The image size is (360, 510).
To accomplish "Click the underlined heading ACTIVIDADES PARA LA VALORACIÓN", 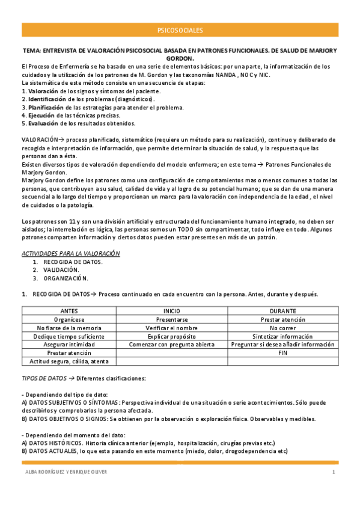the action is (x=70, y=254).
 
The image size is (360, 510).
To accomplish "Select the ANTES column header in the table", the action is (x=69, y=311).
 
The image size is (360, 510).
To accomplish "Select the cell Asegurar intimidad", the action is (x=69, y=345).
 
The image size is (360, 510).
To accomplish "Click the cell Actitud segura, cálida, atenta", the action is (x=69, y=361).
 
